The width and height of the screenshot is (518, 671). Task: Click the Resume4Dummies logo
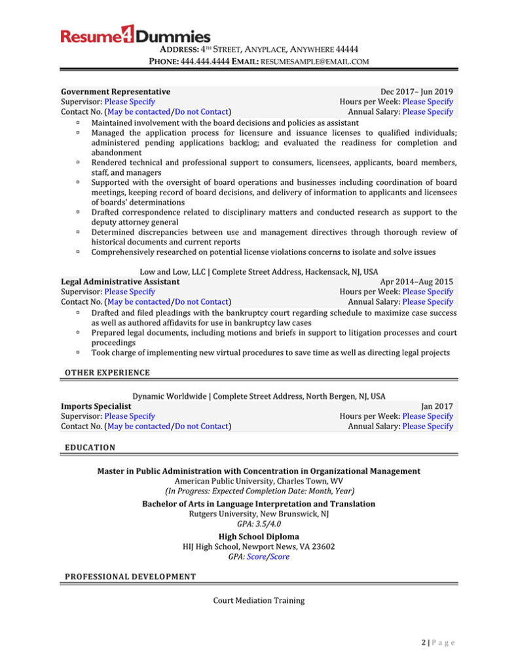point(136,36)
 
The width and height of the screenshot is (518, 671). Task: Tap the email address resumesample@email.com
point(315,61)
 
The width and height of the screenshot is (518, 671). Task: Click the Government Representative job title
point(115,92)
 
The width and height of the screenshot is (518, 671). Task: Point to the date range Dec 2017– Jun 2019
point(416,92)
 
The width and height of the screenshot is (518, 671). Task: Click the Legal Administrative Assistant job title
point(120,282)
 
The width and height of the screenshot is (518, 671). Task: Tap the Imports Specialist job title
point(96,406)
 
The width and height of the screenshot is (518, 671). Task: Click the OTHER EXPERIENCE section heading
point(107,373)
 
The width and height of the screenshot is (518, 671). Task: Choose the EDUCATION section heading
point(90,448)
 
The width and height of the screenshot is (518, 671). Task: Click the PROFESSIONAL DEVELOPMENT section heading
point(130,577)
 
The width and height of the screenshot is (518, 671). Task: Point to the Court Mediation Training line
point(259,600)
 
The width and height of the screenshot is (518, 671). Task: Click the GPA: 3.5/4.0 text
point(259,524)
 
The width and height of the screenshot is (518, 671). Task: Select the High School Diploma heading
point(259,537)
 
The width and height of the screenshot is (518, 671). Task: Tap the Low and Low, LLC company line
point(259,272)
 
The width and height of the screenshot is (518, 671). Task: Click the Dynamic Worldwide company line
point(259,396)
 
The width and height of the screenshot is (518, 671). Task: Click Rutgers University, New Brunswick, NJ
point(259,514)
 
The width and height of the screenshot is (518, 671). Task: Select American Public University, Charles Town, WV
point(259,481)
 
